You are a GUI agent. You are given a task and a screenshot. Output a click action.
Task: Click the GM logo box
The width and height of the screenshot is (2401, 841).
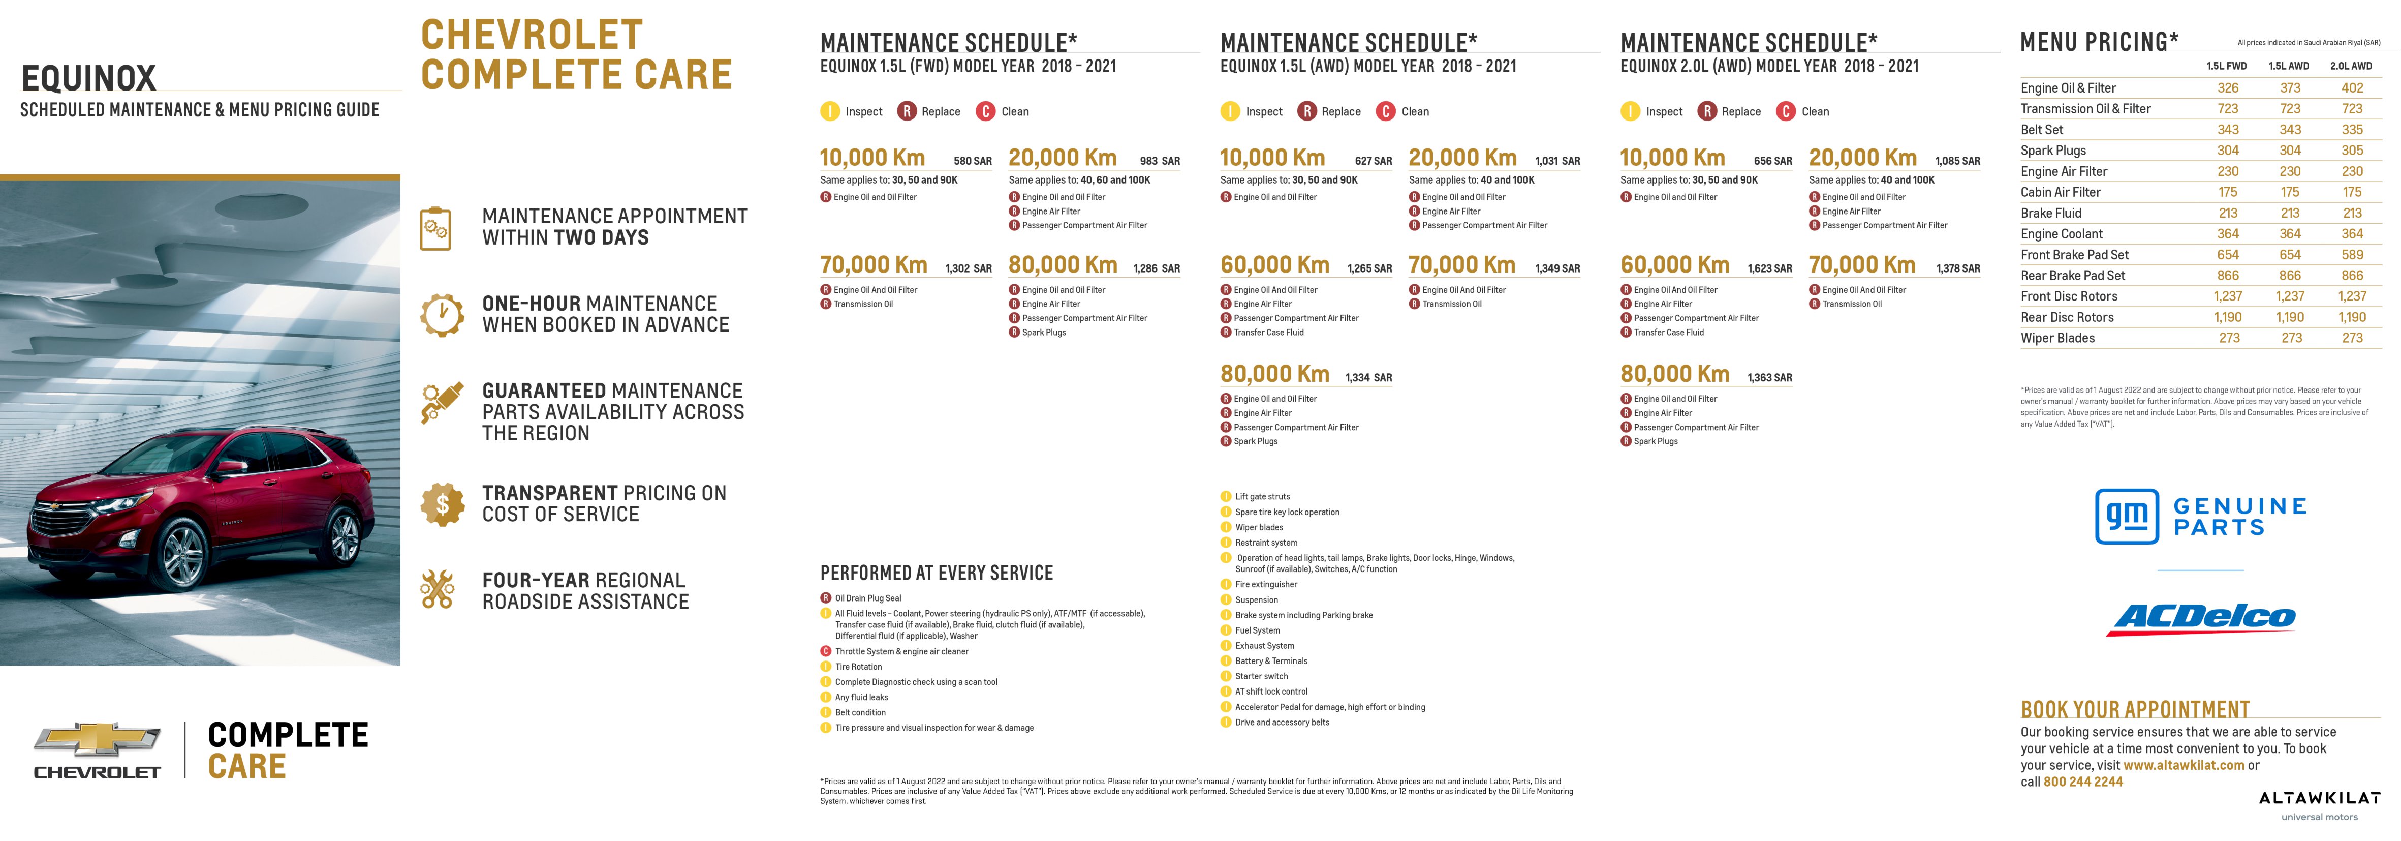(x=2127, y=516)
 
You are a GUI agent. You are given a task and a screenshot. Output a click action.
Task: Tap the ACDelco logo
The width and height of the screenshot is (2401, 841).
(x=2201, y=618)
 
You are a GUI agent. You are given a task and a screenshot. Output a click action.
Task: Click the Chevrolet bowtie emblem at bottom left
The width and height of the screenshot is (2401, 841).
(x=97, y=739)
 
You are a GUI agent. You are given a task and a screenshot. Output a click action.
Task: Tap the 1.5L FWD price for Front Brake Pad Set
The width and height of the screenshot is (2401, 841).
(x=2228, y=255)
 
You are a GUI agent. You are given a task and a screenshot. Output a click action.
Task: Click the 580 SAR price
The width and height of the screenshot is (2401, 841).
(x=972, y=161)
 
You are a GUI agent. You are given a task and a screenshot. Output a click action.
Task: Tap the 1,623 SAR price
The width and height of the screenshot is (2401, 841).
(x=1769, y=268)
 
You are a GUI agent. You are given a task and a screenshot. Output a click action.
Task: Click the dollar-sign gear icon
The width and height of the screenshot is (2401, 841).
(x=442, y=504)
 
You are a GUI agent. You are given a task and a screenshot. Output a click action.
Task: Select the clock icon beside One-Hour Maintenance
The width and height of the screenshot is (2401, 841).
(x=442, y=314)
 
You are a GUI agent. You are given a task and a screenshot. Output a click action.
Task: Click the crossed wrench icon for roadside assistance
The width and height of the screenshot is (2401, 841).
(x=437, y=589)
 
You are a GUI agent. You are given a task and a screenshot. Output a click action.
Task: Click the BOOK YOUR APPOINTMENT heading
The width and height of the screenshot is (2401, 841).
(x=2134, y=709)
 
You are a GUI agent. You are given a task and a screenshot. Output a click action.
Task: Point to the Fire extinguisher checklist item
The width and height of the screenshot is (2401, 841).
(x=1266, y=585)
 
